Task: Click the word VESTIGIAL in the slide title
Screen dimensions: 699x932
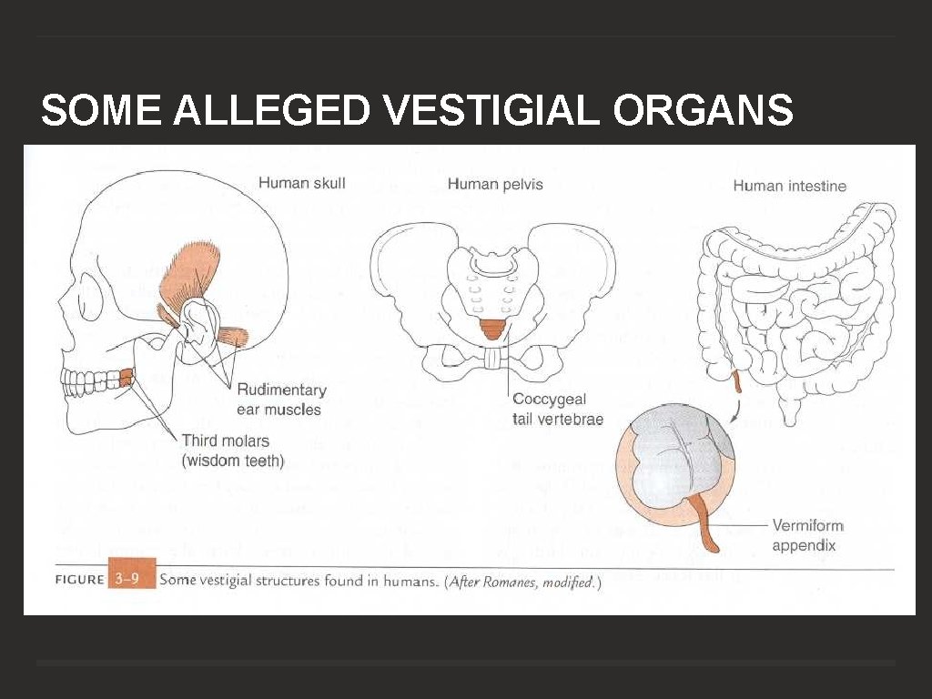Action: coord(492,111)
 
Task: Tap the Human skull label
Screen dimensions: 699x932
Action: coord(301,183)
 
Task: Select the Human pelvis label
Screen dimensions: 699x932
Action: coord(494,184)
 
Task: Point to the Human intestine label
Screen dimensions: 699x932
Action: coord(789,186)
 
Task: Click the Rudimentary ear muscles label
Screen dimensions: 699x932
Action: coord(280,400)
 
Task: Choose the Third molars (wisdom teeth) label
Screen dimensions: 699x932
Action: coord(232,451)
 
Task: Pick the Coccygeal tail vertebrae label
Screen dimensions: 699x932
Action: coord(557,409)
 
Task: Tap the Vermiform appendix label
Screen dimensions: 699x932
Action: coord(807,535)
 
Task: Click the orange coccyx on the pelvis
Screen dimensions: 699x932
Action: coord(492,329)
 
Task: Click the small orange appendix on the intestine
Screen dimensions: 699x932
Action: coord(737,382)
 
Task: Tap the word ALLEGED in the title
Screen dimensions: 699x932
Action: coord(270,111)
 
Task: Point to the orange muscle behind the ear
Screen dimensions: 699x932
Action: coord(231,336)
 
